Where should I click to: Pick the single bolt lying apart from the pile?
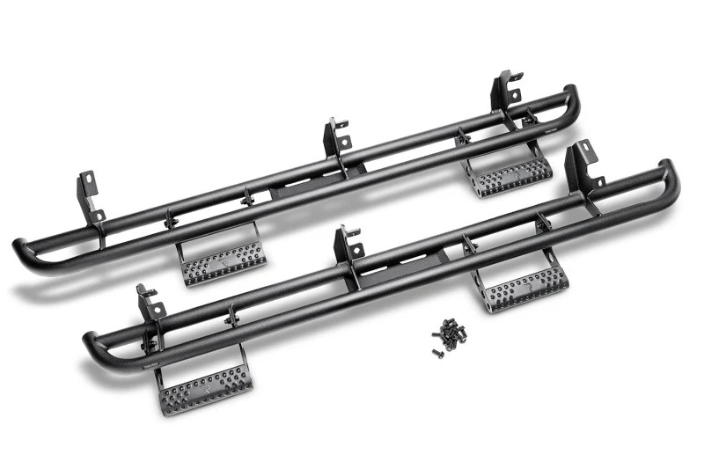(x=437, y=353)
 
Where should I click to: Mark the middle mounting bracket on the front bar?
(x=347, y=247)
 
